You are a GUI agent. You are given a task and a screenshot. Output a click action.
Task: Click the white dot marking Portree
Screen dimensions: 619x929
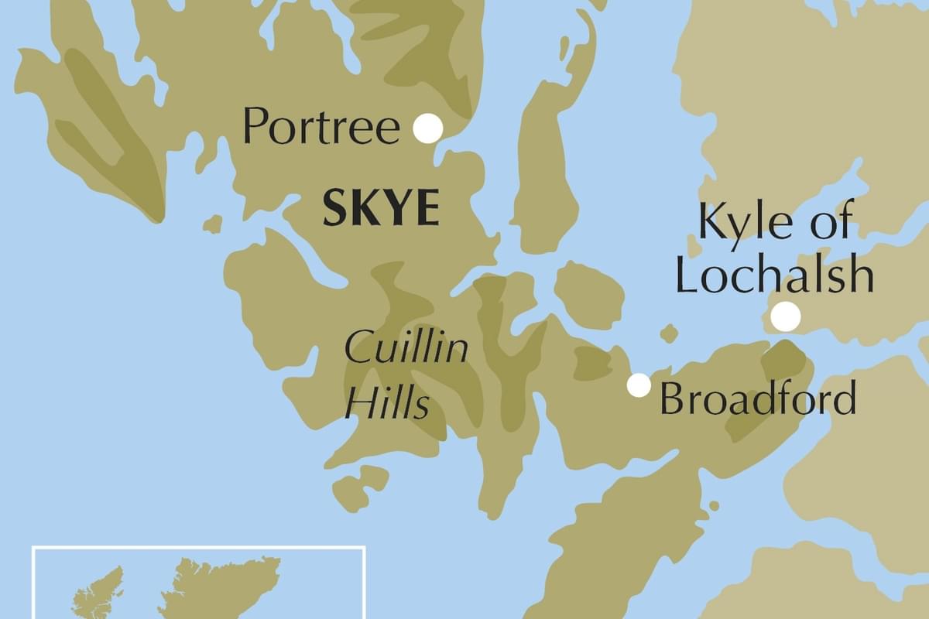click(427, 128)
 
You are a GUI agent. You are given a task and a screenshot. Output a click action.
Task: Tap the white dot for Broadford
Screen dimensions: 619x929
click(639, 385)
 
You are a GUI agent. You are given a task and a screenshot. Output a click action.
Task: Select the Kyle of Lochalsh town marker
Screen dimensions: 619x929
click(786, 316)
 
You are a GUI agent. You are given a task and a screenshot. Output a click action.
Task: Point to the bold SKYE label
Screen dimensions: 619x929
click(381, 209)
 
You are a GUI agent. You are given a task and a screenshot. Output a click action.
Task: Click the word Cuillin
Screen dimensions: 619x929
click(406, 349)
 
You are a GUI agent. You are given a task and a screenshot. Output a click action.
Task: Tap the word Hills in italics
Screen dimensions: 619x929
click(387, 402)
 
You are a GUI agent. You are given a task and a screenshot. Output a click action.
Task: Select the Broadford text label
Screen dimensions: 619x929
click(757, 400)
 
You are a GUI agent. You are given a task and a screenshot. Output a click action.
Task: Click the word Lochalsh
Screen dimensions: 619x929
click(774, 275)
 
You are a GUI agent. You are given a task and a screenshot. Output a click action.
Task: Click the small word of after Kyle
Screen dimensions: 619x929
click(832, 222)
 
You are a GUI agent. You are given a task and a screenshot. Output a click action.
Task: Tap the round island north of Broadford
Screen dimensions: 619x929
click(590, 295)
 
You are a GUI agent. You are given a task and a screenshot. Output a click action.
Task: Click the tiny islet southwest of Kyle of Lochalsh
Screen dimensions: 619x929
click(670, 333)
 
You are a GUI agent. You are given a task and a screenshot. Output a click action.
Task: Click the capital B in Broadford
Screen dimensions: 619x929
click(672, 400)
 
